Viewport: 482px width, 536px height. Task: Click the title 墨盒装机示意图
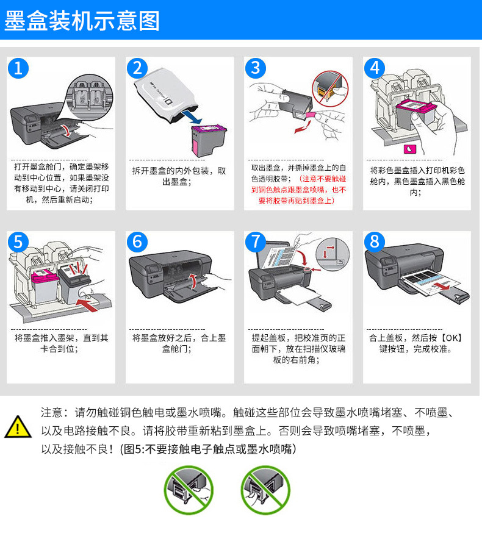[82, 20]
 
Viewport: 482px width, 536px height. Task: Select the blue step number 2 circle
[137, 68]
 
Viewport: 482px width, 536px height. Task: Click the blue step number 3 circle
[256, 68]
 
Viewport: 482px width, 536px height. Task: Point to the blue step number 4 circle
[375, 68]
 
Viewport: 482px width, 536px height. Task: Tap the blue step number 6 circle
[137, 242]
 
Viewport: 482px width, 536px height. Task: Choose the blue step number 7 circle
[256, 242]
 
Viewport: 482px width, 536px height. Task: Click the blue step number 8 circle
[375, 242]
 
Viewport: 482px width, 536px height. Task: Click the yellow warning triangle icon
[18, 427]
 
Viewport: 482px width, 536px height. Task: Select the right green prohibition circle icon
[265, 489]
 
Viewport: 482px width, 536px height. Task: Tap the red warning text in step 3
[299, 189]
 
